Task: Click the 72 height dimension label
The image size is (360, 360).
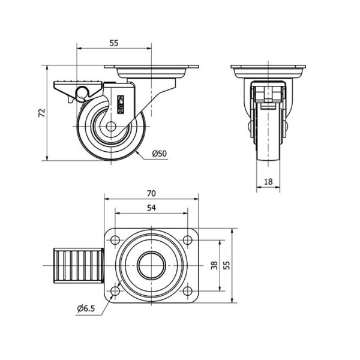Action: [x=42, y=113]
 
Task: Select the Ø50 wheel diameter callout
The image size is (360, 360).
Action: [x=160, y=154]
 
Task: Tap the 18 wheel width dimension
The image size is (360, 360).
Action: [x=268, y=182]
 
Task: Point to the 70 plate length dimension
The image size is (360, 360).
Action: [x=151, y=194]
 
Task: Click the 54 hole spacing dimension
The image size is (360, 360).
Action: [x=151, y=208]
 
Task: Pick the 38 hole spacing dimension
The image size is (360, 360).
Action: [x=214, y=265]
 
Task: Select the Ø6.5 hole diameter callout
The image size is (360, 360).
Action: [x=86, y=309]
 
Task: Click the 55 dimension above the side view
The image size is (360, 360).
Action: [x=114, y=43]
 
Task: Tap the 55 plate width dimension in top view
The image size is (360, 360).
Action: [x=227, y=265]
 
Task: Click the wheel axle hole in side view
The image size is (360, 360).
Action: [x=111, y=127]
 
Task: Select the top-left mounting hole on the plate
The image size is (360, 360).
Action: [x=115, y=240]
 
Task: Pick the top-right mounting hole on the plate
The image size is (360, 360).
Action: [x=188, y=240]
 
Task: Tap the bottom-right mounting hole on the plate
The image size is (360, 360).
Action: [x=188, y=291]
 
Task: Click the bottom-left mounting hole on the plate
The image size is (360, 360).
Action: [x=115, y=291]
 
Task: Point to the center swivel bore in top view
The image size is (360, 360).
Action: [x=151, y=266]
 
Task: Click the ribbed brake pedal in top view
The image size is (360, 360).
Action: [x=79, y=266]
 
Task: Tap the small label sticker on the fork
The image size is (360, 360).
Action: [x=121, y=104]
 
